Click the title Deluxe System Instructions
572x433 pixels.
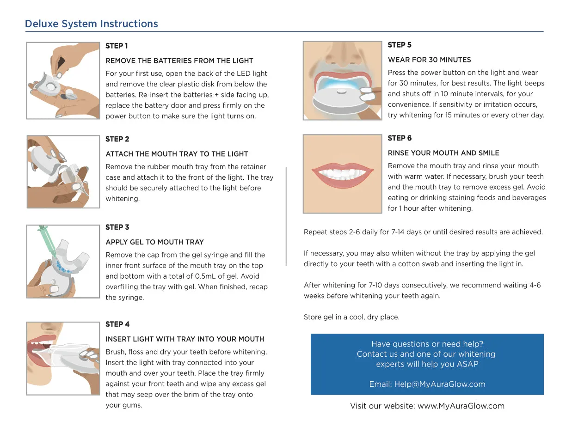click(91, 24)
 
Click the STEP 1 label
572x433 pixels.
click(117, 46)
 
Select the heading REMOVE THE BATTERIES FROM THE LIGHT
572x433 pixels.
click(179, 61)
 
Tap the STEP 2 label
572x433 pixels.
click(117, 139)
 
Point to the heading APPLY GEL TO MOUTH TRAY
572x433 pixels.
click(154, 242)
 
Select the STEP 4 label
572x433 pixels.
click(117, 324)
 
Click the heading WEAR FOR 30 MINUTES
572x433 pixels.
click(429, 60)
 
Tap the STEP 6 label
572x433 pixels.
click(400, 138)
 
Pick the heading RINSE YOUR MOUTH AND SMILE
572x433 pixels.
click(443, 153)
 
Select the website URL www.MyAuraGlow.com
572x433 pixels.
click(461, 406)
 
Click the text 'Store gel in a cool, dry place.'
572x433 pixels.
click(351, 317)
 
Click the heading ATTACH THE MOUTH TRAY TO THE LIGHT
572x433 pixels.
click(177, 154)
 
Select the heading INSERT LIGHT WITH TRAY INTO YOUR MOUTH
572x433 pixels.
click(185, 339)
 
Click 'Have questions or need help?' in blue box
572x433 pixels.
click(427, 344)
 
